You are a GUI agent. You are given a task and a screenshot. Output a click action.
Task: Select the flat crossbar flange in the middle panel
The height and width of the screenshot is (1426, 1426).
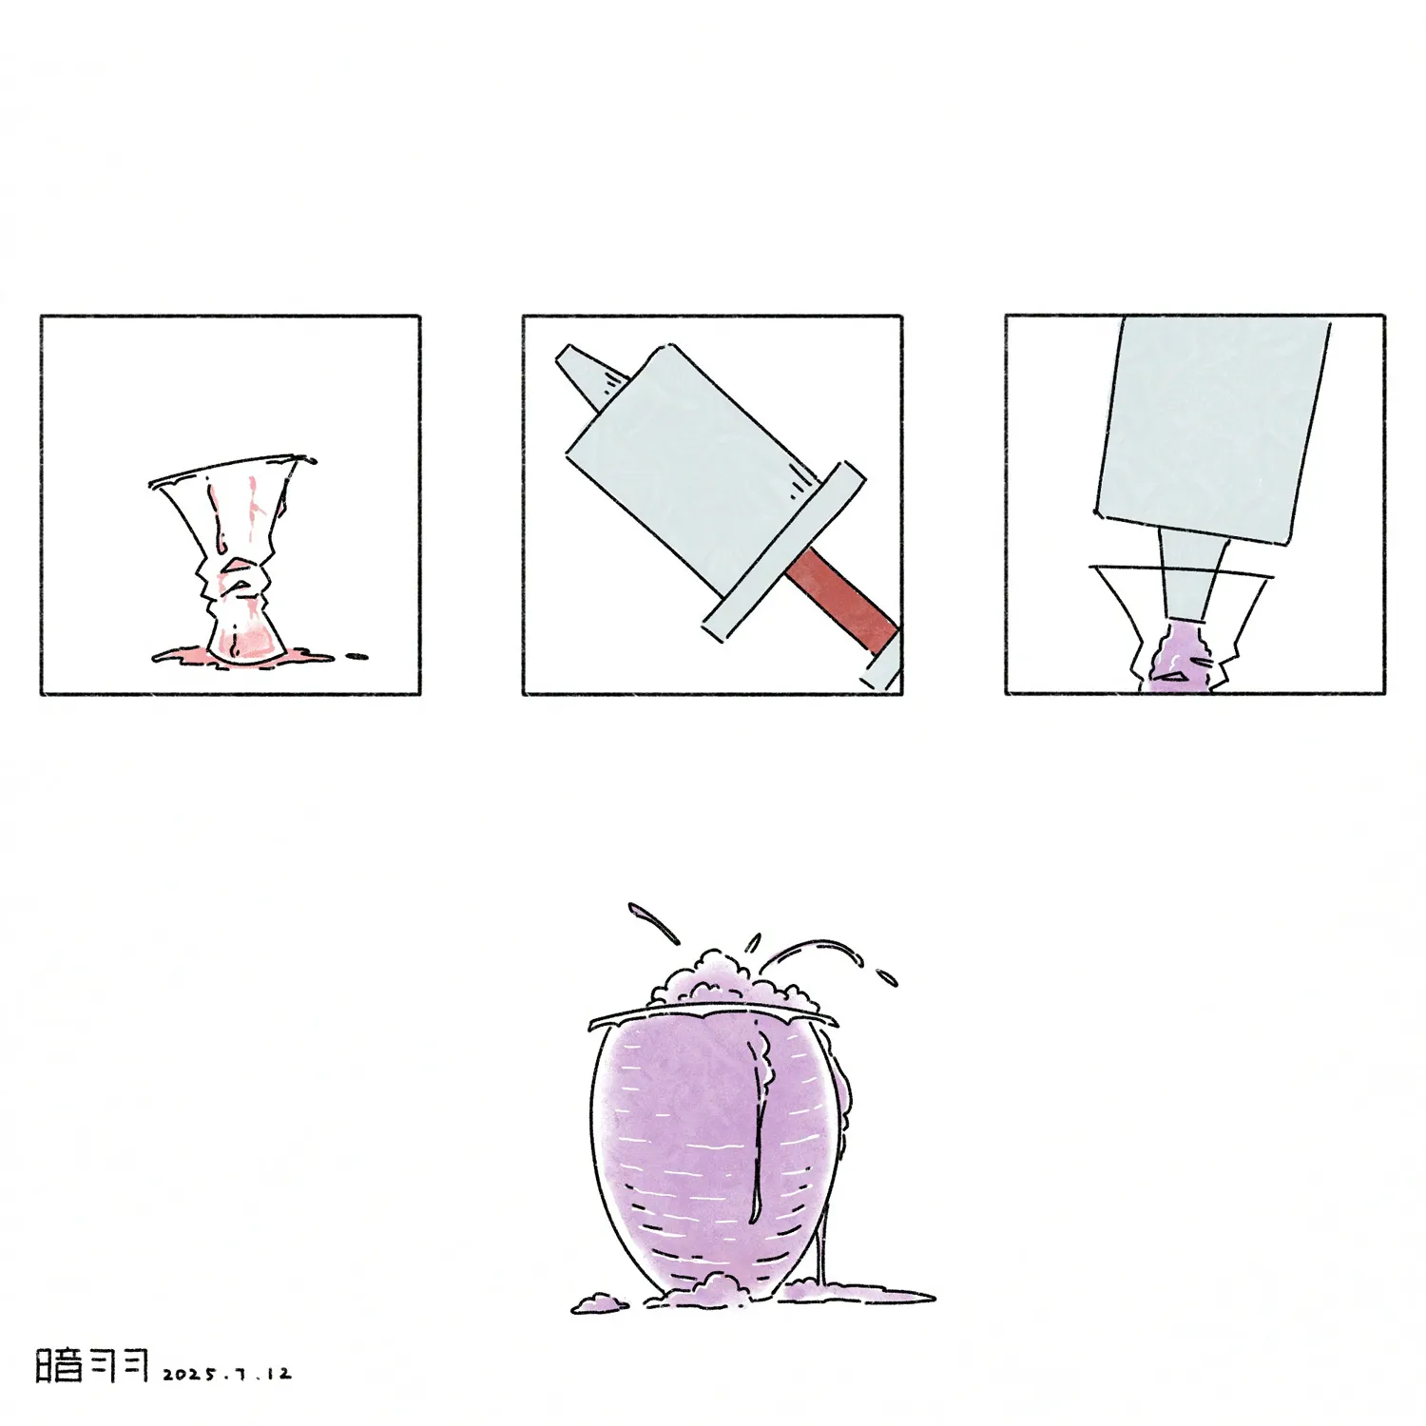click(x=782, y=552)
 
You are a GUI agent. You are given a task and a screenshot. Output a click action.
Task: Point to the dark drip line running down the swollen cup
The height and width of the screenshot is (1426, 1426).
click(x=757, y=1122)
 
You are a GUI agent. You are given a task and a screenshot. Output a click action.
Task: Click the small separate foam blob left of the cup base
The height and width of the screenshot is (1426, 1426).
click(x=597, y=1301)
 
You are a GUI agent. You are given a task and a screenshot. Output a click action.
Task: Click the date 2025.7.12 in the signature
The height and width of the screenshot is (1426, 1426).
click(x=227, y=1374)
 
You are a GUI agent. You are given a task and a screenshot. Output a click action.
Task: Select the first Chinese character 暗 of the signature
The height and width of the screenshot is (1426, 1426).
click(x=59, y=1364)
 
